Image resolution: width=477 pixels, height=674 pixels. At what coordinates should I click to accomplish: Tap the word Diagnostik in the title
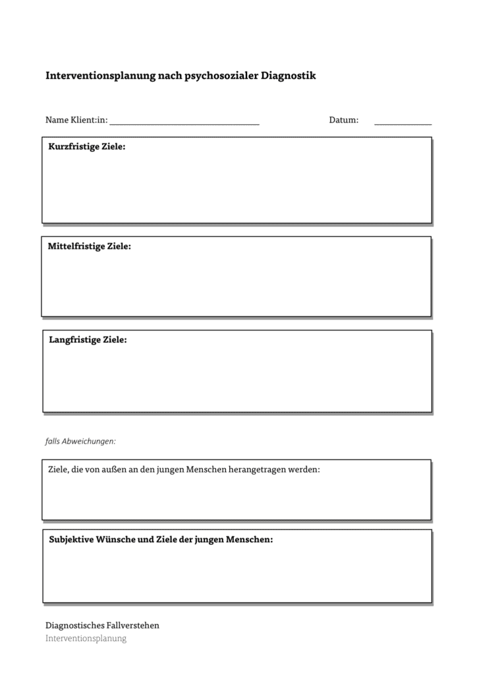pyautogui.click(x=289, y=76)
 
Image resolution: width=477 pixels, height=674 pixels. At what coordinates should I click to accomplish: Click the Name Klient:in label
pyautogui.click(x=76, y=120)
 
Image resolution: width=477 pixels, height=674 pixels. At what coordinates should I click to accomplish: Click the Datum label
pyautogui.click(x=344, y=120)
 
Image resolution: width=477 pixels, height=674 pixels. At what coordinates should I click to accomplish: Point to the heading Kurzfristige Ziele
pyautogui.click(x=87, y=147)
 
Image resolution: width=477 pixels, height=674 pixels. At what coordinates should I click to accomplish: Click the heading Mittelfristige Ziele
pyautogui.click(x=90, y=247)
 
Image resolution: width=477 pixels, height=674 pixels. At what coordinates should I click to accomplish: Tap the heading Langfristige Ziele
pyautogui.click(x=88, y=340)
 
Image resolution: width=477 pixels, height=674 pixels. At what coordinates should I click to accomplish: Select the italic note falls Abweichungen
pyautogui.click(x=80, y=441)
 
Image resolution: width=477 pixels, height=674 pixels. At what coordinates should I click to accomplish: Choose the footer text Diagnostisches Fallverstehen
pyautogui.click(x=102, y=625)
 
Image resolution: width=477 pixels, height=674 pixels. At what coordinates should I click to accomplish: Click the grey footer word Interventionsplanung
pyautogui.click(x=86, y=638)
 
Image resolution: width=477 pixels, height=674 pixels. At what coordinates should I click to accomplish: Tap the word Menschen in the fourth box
pyautogui.click(x=208, y=470)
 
